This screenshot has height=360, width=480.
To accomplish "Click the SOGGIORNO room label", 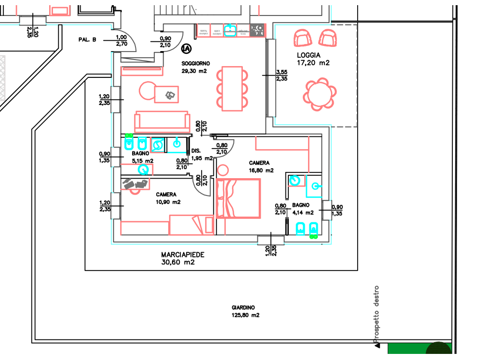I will pyautogui.click(x=195, y=63).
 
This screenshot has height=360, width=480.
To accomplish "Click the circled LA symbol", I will pyautogui.click(x=186, y=48).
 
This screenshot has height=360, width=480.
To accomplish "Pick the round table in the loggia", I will pyautogui.click(x=320, y=94).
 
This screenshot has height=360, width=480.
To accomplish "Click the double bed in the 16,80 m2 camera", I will pyautogui.click(x=238, y=198).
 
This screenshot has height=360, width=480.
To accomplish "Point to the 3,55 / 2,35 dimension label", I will pyautogui.click(x=282, y=75).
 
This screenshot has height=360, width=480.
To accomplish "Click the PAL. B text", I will pyautogui.click(x=87, y=40).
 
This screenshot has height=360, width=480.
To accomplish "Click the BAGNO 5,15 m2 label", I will pyautogui.click(x=141, y=157).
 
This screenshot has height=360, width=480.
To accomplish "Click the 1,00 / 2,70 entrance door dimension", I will pyautogui.click(x=121, y=40).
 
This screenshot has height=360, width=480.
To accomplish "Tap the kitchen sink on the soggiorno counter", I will pyautogui.click(x=230, y=30).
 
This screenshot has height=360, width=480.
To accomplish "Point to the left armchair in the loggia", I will pyautogui.click(x=303, y=37).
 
